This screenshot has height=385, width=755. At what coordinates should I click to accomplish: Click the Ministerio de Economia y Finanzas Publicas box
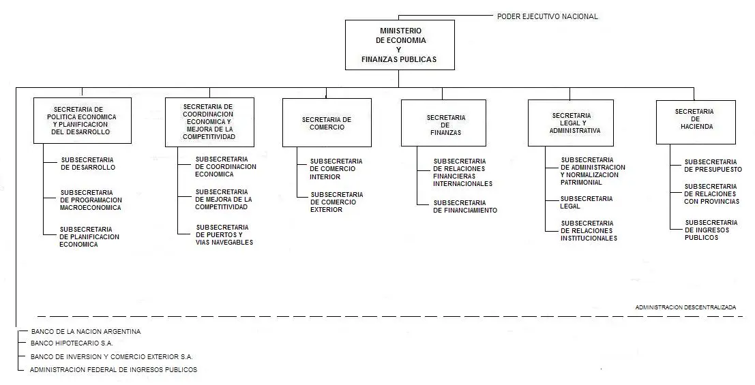click(400, 45)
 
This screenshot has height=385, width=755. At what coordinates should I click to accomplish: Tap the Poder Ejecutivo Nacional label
click(548, 16)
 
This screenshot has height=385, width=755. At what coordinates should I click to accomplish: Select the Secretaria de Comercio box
click(327, 123)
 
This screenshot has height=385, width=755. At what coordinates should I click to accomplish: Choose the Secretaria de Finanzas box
click(443, 123)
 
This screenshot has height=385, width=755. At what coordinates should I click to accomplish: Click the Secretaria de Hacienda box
click(696, 122)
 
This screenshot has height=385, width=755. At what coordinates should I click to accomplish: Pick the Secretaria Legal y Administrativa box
click(571, 123)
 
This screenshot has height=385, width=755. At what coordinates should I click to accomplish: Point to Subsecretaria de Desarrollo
click(87, 164)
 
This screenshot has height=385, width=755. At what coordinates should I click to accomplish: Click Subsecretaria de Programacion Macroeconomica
click(91, 200)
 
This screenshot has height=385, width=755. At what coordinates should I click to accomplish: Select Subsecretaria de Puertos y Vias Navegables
click(224, 235)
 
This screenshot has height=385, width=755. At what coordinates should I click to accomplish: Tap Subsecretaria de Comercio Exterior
click(336, 202)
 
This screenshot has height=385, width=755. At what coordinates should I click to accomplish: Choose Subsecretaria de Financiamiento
click(465, 206)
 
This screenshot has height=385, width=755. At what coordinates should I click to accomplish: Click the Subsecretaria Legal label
click(587, 202)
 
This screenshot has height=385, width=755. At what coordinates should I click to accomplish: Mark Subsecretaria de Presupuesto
click(713, 166)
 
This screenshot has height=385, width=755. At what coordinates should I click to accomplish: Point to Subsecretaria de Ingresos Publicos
click(711, 230)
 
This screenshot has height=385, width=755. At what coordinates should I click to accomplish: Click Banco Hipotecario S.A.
click(72, 343)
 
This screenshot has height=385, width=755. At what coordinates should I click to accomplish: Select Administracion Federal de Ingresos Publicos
click(114, 369)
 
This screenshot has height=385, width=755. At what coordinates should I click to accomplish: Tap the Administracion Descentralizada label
click(685, 307)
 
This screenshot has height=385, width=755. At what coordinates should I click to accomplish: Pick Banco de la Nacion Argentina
click(86, 332)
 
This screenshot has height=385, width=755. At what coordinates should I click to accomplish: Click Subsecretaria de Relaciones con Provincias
click(711, 194)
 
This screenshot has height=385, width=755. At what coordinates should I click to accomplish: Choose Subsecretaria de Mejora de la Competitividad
click(224, 199)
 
